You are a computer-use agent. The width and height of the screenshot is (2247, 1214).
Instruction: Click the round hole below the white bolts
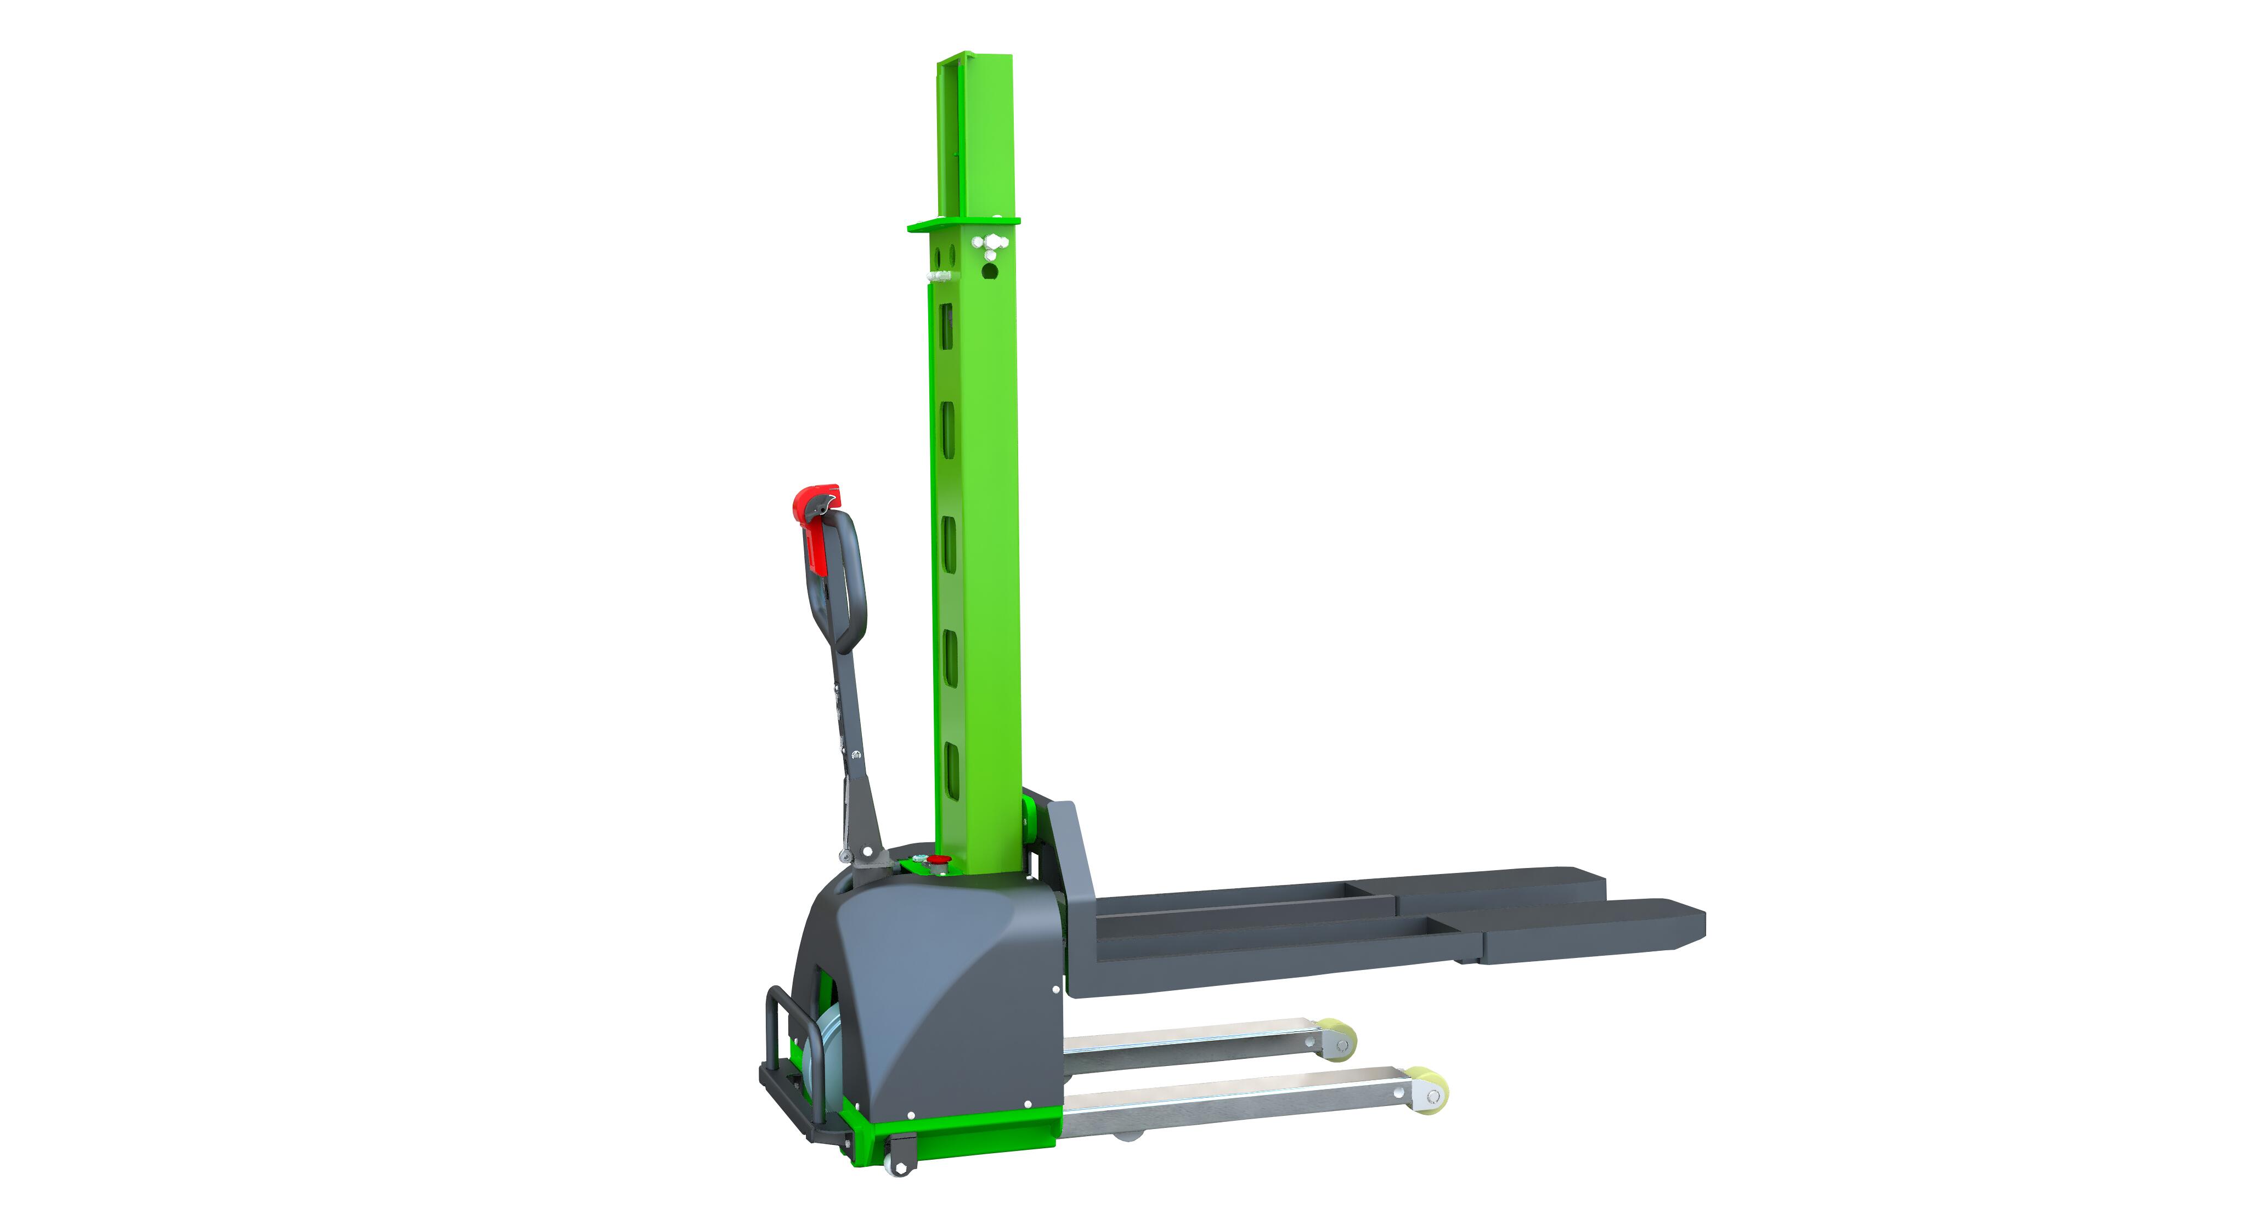pos(989,271)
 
